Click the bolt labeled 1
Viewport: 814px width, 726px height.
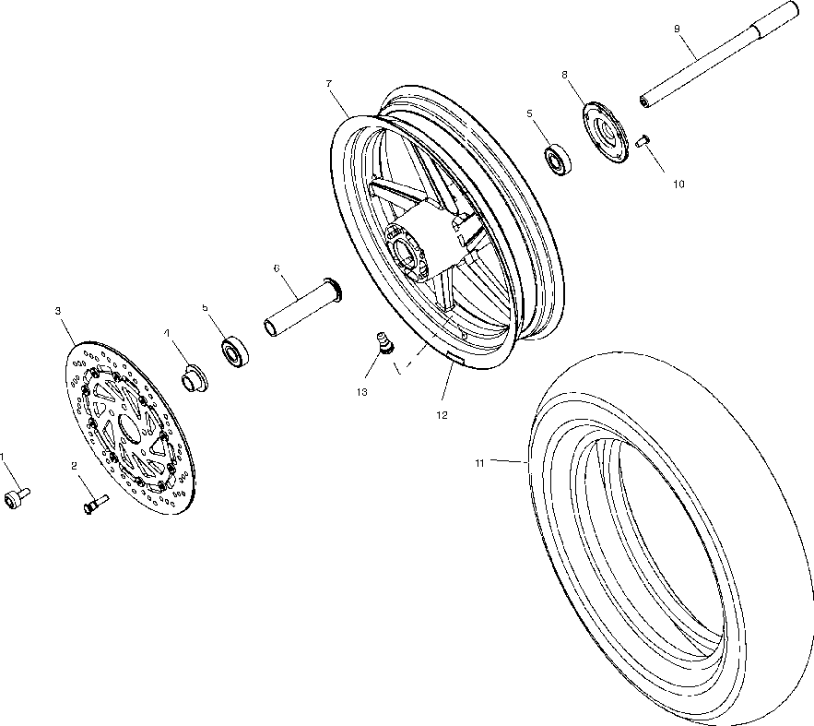[x=16, y=497]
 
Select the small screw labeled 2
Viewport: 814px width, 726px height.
[x=95, y=504]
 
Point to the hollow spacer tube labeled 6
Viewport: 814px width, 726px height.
[x=301, y=310]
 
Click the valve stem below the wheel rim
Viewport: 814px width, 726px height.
[x=383, y=342]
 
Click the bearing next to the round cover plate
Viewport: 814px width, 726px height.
[x=560, y=159]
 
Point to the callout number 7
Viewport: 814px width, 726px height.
[x=328, y=84]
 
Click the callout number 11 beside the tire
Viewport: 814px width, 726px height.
[x=479, y=463]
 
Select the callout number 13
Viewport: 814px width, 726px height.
[x=360, y=392]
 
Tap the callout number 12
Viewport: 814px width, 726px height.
[x=442, y=415]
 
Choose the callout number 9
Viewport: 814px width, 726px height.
[x=677, y=29]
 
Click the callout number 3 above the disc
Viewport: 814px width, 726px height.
[x=57, y=312]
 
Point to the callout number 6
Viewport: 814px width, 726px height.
[x=276, y=268]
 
